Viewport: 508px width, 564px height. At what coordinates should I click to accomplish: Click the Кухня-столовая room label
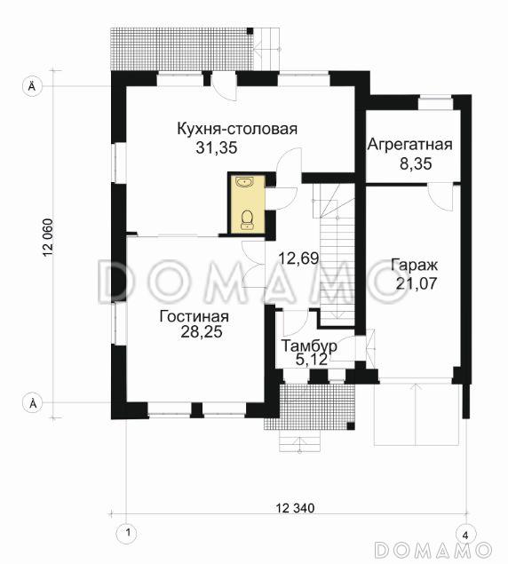click(x=236, y=130)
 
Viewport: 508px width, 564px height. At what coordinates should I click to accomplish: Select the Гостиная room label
click(x=194, y=316)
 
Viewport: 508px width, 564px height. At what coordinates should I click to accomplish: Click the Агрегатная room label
click(x=411, y=145)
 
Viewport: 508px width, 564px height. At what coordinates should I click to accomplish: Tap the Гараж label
click(x=412, y=266)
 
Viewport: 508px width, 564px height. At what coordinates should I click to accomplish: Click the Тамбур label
click(x=308, y=345)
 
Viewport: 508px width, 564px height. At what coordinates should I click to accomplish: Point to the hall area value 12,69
click(x=298, y=259)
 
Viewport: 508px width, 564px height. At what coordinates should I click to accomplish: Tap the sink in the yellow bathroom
click(x=245, y=184)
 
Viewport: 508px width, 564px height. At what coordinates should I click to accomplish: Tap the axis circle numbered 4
click(x=463, y=533)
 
